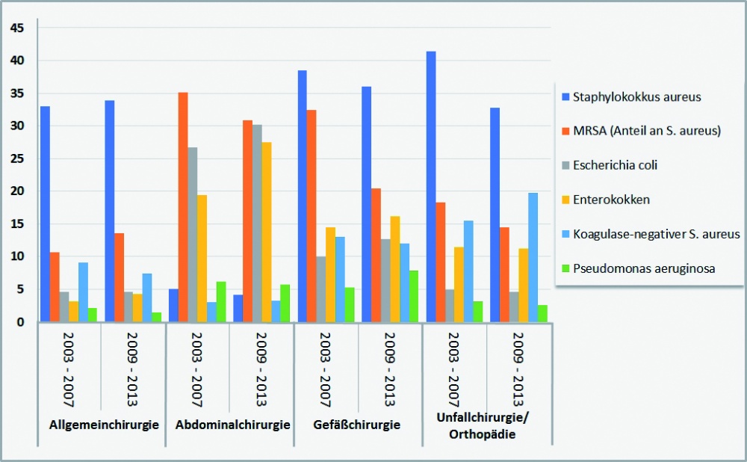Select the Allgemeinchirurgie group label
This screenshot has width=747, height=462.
[x=104, y=425]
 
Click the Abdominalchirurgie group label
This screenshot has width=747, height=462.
[x=232, y=425]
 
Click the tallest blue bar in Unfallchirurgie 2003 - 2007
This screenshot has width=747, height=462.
[x=431, y=187]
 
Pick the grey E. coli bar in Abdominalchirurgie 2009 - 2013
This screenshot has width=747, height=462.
[x=257, y=224]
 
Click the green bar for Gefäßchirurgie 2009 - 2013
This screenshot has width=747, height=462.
[x=413, y=297]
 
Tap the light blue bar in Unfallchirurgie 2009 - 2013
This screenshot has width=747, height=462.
[x=533, y=258]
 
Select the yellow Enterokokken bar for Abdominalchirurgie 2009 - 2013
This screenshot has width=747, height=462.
[x=266, y=232]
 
